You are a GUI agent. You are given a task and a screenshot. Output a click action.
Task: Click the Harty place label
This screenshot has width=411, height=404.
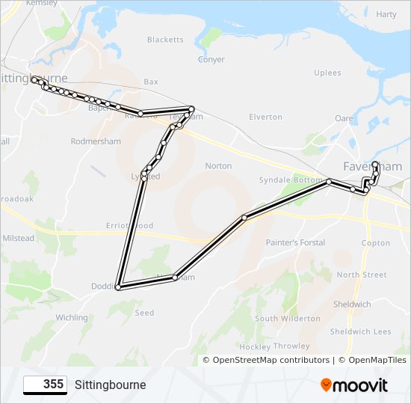386,14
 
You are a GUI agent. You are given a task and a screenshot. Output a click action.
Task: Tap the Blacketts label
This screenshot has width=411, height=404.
165,40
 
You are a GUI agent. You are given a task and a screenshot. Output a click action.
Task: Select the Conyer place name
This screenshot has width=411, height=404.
211,60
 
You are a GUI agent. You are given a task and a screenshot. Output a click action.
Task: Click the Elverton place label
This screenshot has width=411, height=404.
265,117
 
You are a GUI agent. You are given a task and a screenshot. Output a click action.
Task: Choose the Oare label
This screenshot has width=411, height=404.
344,118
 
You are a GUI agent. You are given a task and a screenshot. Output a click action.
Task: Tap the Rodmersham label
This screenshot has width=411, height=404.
95,141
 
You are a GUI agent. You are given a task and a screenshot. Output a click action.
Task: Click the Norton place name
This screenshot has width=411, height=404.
218,165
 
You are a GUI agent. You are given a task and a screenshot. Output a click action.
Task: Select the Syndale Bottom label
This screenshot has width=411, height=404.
290,180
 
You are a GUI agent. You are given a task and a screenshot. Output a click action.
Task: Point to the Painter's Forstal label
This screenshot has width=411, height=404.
295,242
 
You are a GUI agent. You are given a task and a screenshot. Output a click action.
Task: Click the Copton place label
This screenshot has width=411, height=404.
375,242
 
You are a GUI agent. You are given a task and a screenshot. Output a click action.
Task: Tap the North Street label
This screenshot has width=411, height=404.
362,275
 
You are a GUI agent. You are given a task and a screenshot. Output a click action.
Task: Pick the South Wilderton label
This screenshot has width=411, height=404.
287,319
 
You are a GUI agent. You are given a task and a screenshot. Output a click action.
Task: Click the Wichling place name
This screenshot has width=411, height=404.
72,317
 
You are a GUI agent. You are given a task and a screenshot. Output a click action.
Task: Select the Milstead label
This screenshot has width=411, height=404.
19,238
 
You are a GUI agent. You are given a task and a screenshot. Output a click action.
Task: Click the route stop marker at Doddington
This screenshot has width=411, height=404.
118,287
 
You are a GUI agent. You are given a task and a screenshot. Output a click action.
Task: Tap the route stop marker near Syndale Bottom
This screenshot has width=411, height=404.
329,181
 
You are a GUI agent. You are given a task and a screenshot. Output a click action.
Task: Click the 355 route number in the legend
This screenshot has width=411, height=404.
45,385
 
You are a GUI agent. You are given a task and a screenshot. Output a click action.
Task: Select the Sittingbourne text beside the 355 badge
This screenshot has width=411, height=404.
110,385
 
